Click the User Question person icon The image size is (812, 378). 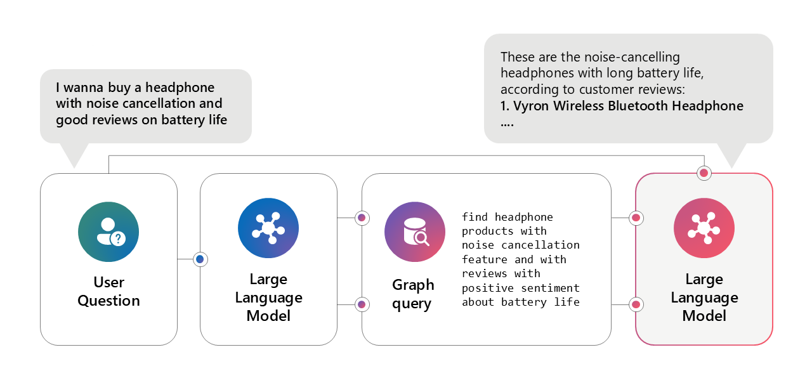coord(108,231)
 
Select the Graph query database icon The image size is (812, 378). coord(415,231)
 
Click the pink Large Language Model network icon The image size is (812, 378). coord(704,228)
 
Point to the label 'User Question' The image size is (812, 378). coord(108,291)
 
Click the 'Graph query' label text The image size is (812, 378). coord(413,294)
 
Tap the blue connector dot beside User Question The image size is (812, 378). coord(200,259)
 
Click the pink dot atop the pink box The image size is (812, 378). coord(704,173)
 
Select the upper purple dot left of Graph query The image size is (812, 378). coord(362,218)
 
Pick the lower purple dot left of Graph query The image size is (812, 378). coord(362,304)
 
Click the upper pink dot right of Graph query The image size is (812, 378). coord(636,218)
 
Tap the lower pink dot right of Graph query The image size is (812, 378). coord(636,304)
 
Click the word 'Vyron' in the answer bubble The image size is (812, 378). coord(531,106)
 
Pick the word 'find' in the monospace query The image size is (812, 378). coord(475,217)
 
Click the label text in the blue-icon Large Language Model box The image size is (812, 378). coord(268,297)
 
